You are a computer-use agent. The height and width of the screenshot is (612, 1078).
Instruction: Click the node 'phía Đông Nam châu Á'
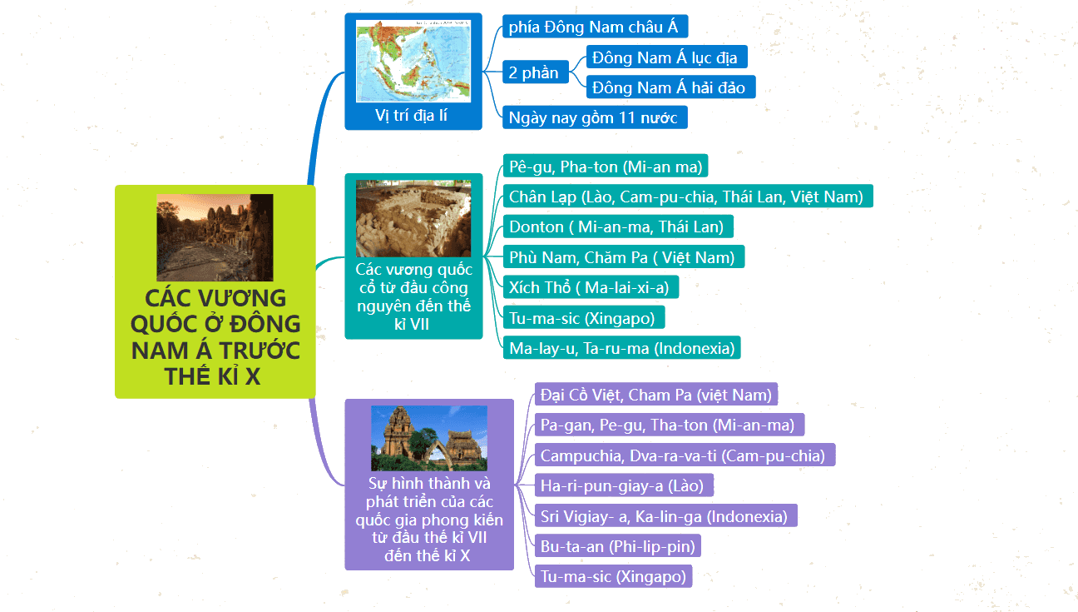[595, 27]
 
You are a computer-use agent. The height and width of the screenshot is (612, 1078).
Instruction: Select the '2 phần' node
[535, 72]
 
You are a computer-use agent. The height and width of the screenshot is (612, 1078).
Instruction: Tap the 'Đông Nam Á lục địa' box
[666, 57]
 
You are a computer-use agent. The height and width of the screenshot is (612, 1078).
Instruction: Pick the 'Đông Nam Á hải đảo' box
[671, 87]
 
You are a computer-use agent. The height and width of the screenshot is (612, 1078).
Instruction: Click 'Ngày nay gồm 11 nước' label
[595, 117]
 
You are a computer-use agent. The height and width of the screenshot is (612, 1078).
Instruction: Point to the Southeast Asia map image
[413, 61]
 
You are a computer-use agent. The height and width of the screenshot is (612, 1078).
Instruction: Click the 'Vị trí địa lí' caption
[411, 115]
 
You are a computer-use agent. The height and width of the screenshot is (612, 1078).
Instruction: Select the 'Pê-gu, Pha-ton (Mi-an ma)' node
[606, 167]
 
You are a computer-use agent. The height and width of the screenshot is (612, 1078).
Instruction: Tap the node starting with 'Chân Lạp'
[688, 197]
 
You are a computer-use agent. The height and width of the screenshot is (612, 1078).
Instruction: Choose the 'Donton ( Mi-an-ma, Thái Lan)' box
[618, 226]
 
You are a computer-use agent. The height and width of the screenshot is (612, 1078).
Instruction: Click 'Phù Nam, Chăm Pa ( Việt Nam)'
[624, 256]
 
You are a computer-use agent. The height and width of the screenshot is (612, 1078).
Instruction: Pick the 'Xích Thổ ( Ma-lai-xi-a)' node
[591, 287]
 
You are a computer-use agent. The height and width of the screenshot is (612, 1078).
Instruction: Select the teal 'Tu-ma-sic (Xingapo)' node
[584, 317]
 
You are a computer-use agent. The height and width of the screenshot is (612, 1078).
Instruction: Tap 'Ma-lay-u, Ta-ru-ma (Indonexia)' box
[622, 347]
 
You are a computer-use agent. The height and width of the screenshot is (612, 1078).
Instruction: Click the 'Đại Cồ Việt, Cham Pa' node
[656, 395]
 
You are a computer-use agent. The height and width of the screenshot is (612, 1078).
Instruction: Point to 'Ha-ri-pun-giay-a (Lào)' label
[624, 485]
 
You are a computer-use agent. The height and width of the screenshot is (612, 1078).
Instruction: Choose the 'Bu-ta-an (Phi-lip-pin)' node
[617, 546]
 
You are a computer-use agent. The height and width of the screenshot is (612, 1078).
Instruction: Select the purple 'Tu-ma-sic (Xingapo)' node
[613, 576]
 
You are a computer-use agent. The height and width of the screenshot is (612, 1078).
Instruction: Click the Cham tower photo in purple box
[429, 438]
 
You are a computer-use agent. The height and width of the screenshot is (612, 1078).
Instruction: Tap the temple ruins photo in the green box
[215, 237]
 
